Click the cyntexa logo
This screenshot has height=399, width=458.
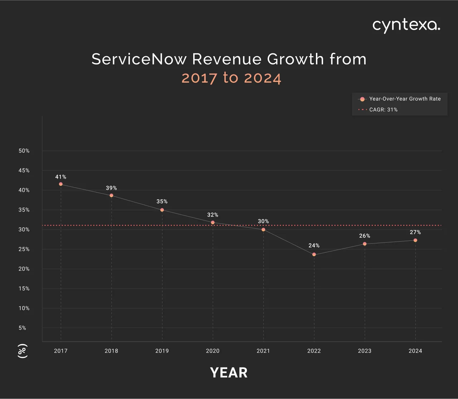pos(406,25)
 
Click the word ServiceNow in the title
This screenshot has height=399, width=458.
pos(139,59)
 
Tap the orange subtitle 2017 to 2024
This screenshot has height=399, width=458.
pos(231,78)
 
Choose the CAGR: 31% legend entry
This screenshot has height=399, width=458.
pos(383,110)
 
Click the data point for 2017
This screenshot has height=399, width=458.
pos(61,184)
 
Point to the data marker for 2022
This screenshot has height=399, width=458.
pos(314,254)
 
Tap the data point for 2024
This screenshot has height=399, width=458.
pos(415,240)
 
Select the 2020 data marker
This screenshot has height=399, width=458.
pos(213,223)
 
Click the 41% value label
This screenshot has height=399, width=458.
pos(61,177)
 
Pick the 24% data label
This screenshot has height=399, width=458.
pos(314,245)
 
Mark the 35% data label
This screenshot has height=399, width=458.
pos(162,201)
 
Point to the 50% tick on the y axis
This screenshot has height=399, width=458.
pos(24,151)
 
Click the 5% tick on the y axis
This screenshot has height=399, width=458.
pos(22,328)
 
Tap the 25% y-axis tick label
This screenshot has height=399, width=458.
pos(24,249)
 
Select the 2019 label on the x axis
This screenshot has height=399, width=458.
pos(162,351)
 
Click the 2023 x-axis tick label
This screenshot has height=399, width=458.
pos(365,351)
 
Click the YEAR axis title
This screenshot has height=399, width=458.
pos(229,373)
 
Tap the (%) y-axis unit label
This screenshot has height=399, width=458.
pos(23,351)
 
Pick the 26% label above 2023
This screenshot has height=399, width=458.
pos(365,236)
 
